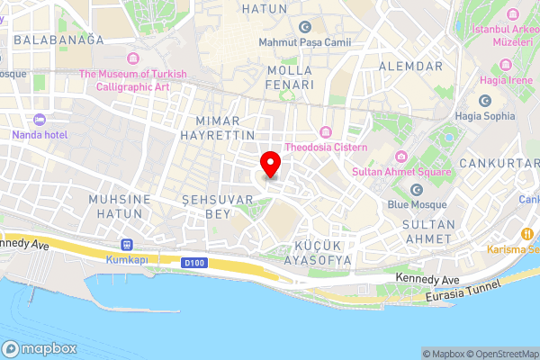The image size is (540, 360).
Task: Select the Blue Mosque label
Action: point(417,203)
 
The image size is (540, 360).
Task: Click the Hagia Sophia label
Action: point(485,115)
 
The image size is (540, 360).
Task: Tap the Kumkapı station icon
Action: point(127,245)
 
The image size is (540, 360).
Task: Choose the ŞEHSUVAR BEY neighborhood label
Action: point(206,205)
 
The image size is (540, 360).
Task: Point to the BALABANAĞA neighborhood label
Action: point(59,40)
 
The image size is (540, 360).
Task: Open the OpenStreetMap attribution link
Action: point(499,354)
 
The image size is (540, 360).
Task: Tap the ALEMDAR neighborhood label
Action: point(410,67)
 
